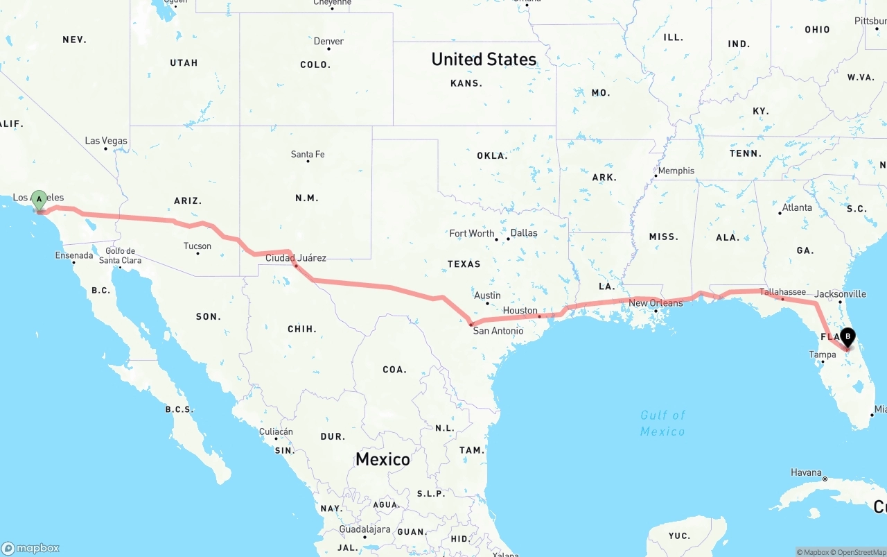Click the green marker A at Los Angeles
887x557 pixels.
[x=39, y=200]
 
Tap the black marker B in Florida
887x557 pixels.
[x=848, y=337]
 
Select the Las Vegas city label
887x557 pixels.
[x=106, y=141]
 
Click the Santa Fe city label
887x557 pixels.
[x=308, y=154]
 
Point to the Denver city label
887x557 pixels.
[x=328, y=42]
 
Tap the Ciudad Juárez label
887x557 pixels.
[x=296, y=258]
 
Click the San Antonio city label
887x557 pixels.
[x=498, y=331]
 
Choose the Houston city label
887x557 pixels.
[x=520, y=311]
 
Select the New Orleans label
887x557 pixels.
[x=656, y=303]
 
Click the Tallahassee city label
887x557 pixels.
[x=782, y=292]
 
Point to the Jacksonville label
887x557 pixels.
[x=840, y=294]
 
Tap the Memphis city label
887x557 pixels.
[x=676, y=171]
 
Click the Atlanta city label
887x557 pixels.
[x=797, y=207]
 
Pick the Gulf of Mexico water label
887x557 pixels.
[x=662, y=423]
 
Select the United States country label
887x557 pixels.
[x=484, y=60]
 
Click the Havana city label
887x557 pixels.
[x=806, y=473]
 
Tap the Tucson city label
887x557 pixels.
[x=197, y=246]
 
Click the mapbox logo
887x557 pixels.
[x=30, y=548]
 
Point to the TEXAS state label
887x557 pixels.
[x=464, y=264]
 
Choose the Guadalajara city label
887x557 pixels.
[x=365, y=529]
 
